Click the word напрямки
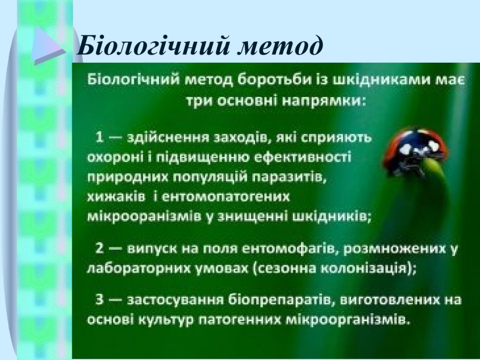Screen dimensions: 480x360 [x=323, y=101]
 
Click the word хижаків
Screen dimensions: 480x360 [x=116, y=197]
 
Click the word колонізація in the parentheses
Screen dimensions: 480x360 [x=363, y=268]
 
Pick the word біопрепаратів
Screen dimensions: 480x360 [x=280, y=300]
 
